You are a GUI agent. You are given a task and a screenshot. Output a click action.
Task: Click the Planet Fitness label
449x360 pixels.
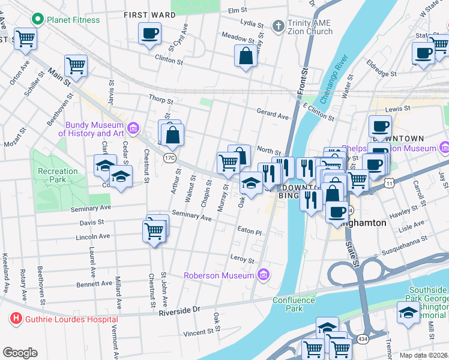click(x=74, y=19)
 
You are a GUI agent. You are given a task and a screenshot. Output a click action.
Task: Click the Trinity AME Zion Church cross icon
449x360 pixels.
click(x=277, y=26)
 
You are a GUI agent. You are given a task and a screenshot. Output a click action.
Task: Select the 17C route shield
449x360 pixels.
click(x=170, y=158)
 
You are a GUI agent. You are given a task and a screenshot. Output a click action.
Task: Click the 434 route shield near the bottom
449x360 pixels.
click(x=379, y=340)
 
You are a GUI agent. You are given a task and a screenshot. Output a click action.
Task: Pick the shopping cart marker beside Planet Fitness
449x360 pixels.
click(x=25, y=39)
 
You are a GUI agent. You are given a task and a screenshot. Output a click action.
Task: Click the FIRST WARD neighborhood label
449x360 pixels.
click(x=144, y=14)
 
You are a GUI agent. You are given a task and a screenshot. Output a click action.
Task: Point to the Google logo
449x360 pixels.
click(x=20, y=352)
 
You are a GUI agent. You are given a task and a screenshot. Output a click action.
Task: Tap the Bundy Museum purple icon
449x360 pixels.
click(x=133, y=127)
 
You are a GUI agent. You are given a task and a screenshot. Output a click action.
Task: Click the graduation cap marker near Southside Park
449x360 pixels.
click(x=409, y=313)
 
